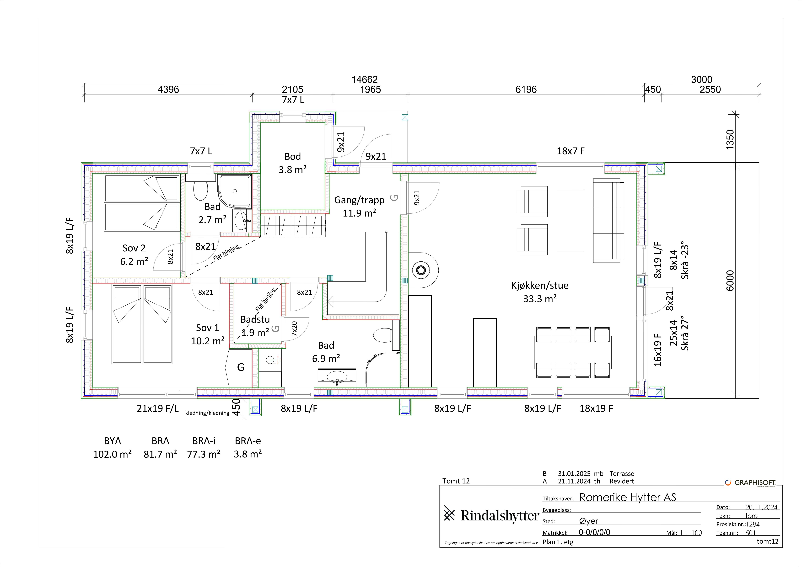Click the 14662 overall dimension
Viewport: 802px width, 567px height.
pyautogui.click(x=364, y=80)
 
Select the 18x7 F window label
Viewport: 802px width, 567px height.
pyautogui.click(x=570, y=151)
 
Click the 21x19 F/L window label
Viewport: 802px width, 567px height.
pyautogui.click(x=157, y=408)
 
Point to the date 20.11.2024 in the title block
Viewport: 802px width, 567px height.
pyautogui.click(x=761, y=507)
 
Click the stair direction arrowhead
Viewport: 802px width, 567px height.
pyautogui.click(x=330, y=301)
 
